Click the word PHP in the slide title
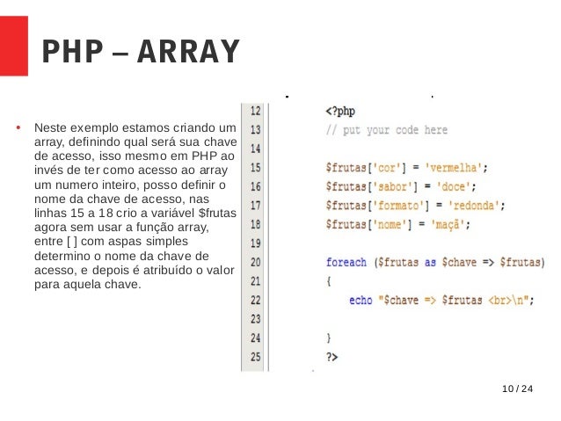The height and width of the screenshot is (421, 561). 69,52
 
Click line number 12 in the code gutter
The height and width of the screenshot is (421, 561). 255,111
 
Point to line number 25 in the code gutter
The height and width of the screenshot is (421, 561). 255,357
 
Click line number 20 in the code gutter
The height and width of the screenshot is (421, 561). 255,262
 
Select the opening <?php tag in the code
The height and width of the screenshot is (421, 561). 340,112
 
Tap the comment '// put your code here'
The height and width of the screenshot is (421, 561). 386,130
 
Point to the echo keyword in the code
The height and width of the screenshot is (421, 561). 361,300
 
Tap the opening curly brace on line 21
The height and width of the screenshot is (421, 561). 328,280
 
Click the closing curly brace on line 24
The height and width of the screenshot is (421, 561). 328,337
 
